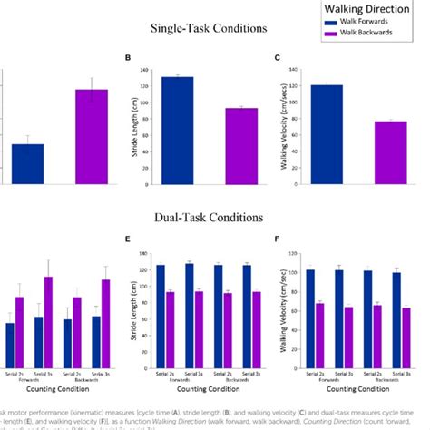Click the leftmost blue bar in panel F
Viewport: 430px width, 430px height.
(310, 318)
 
